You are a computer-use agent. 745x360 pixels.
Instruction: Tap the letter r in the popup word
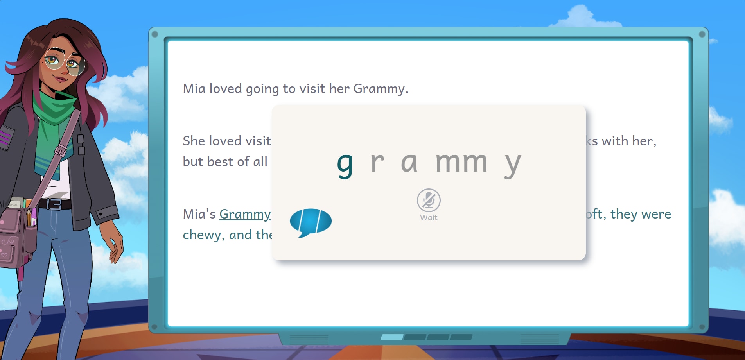(x=377, y=161)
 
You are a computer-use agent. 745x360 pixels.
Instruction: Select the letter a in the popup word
(x=409, y=162)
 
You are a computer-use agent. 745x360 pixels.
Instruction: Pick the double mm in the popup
(x=462, y=162)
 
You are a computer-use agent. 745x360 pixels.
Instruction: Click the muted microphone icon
(x=429, y=200)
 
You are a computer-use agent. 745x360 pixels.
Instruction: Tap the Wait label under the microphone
(x=429, y=218)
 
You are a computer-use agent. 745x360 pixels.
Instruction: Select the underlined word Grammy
(x=245, y=215)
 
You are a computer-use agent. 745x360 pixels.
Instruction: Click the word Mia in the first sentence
(x=194, y=89)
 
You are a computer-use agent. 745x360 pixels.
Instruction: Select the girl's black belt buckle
(x=54, y=204)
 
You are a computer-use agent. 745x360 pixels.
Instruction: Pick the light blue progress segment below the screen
(x=392, y=337)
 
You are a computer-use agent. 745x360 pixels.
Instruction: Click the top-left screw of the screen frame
(x=155, y=34)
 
